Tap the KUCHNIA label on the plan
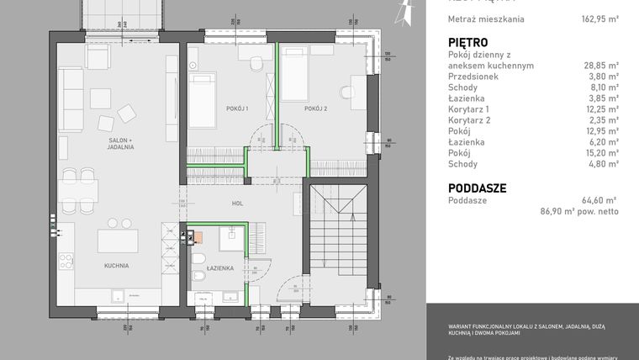point(116,266)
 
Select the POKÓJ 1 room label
point(237,109)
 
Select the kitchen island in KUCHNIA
point(117,241)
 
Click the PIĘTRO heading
point(469,42)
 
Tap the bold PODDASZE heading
point(477,188)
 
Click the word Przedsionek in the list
point(473,77)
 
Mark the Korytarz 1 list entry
point(469,109)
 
